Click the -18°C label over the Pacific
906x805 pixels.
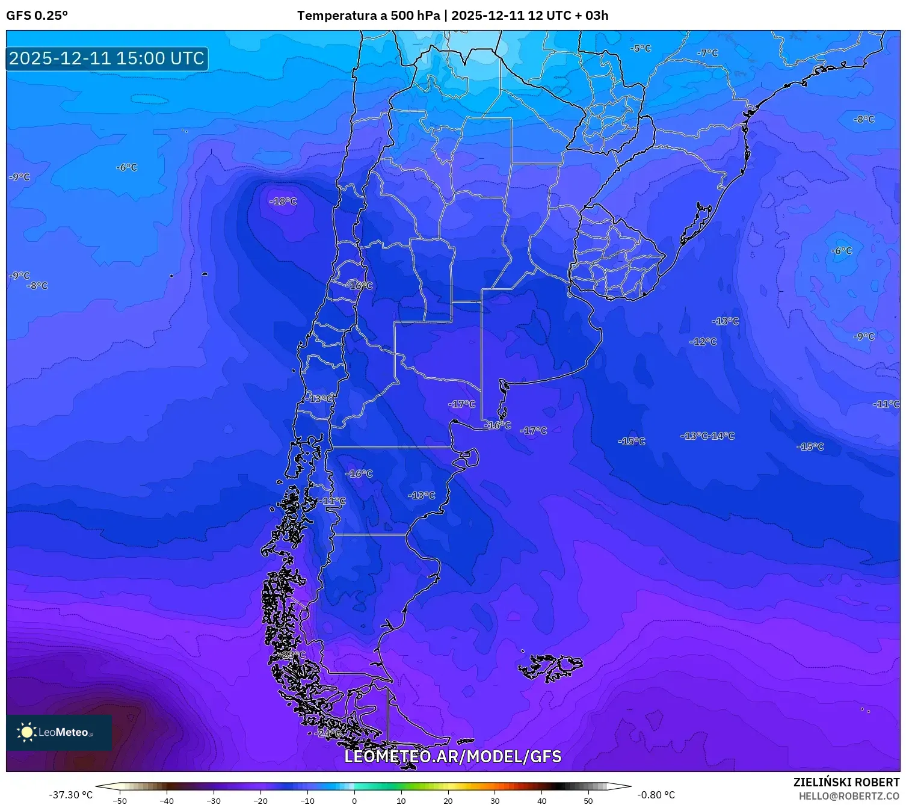[283, 202]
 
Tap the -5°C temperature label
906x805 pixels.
[640, 48]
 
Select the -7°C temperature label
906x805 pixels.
[707, 53]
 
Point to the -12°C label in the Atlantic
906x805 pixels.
[703, 342]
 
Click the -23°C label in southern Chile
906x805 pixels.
[294, 655]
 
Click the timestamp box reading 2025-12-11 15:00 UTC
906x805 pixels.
[107, 58]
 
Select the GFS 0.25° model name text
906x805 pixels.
[37, 16]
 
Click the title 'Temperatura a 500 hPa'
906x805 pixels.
[368, 16]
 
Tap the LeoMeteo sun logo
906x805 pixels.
[26, 732]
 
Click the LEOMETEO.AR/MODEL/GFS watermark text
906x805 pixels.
[452, 756]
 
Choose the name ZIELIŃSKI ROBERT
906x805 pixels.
[846, 782]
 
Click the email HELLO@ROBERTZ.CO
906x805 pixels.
[848, 796]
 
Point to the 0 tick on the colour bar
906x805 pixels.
[354, 800]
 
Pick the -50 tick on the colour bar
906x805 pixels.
[120, 800]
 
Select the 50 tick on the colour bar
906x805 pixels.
[588, 800]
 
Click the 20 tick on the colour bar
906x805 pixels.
[448, 800]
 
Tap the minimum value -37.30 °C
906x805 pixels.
[71, 795]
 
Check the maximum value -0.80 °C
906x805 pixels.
[656, 795]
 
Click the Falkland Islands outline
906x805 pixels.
[550, 667]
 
